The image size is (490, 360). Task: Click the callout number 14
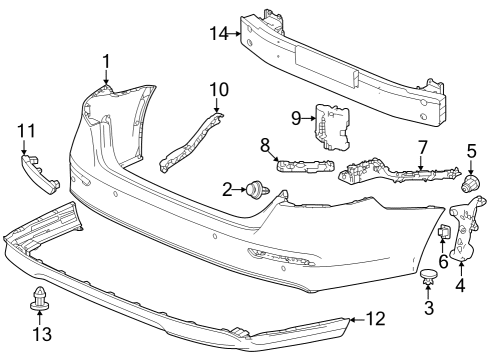pyautogui.click(x=219, y=34)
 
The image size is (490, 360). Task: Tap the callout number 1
pyautogui.click(x=106, y=62)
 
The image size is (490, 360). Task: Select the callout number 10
pyautogui.click(x=219, y=89)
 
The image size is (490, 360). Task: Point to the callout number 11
pyautogui.click(x=26, y=131)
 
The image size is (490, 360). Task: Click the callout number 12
pyautogui.click(x=376, y=319)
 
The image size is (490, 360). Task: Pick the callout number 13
pyautogui.click(x=42, y=334)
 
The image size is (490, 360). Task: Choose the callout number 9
pyautogui.click(x=296, y=118)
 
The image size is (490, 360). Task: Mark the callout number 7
pyautogui.click(x=422, y=147)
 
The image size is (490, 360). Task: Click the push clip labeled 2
pyautogui.click(x=258, y=190)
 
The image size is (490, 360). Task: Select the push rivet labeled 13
pyautogui.click(x=39, y=298)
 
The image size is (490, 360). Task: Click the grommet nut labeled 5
pyautogui.click(x=471, y=184)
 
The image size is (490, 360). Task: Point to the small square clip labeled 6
pyautogui.click(x=444, y=231)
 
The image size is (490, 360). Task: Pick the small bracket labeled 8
pyautogui.click(x=306, y=166)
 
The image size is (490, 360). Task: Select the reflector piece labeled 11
pyautogui.click(x=39, y=174)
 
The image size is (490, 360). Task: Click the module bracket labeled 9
pyautogui.click(x=332, y=127)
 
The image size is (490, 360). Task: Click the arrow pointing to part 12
pyautogui.click(x=357, y=320)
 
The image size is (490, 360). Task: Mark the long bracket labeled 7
pyautogui.click(x=400, y=171)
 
